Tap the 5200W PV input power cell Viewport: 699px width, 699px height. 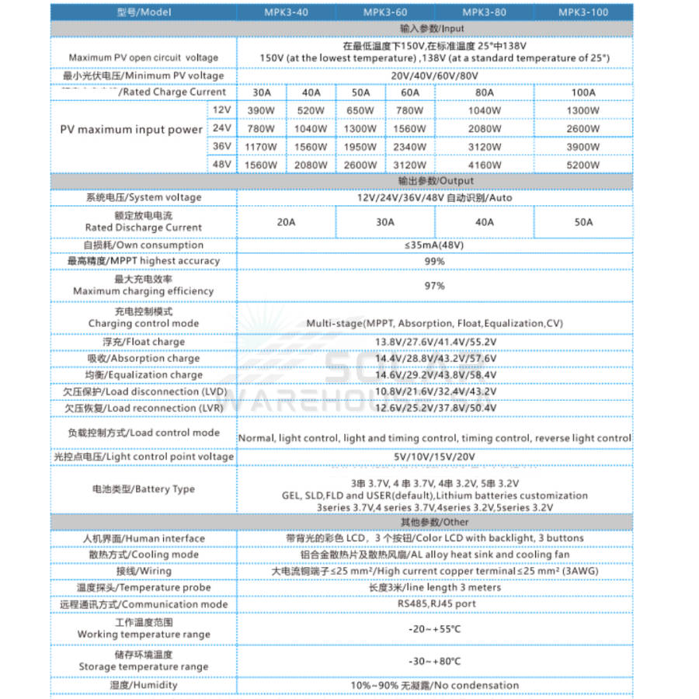click(x=582, y=165)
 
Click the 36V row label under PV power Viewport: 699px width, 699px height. click(x=222, y=146)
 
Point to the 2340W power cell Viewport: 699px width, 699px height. click(x=409, y=146)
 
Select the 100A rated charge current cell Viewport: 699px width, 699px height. click(x=582, y=92)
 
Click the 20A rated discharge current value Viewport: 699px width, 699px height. click(x=287, y=221)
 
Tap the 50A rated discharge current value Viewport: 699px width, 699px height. click(x=583, y=221)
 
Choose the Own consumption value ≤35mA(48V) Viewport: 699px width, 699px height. click(x=434, y=245)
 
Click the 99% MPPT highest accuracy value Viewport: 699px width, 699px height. click(x=434, y=262)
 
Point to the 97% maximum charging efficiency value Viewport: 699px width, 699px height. click(x=434, y=286)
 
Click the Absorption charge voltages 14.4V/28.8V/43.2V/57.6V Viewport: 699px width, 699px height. click(x=434, y=359)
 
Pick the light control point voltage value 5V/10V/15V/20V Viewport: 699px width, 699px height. click(x=434, y=457)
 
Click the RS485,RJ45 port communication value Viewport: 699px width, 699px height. click(x=434, y=604)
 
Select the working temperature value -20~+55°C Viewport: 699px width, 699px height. click(x=434, y=628)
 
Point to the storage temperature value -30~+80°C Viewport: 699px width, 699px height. click(x=434, y=661)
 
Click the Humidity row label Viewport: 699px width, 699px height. click(x=143, y=685)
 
